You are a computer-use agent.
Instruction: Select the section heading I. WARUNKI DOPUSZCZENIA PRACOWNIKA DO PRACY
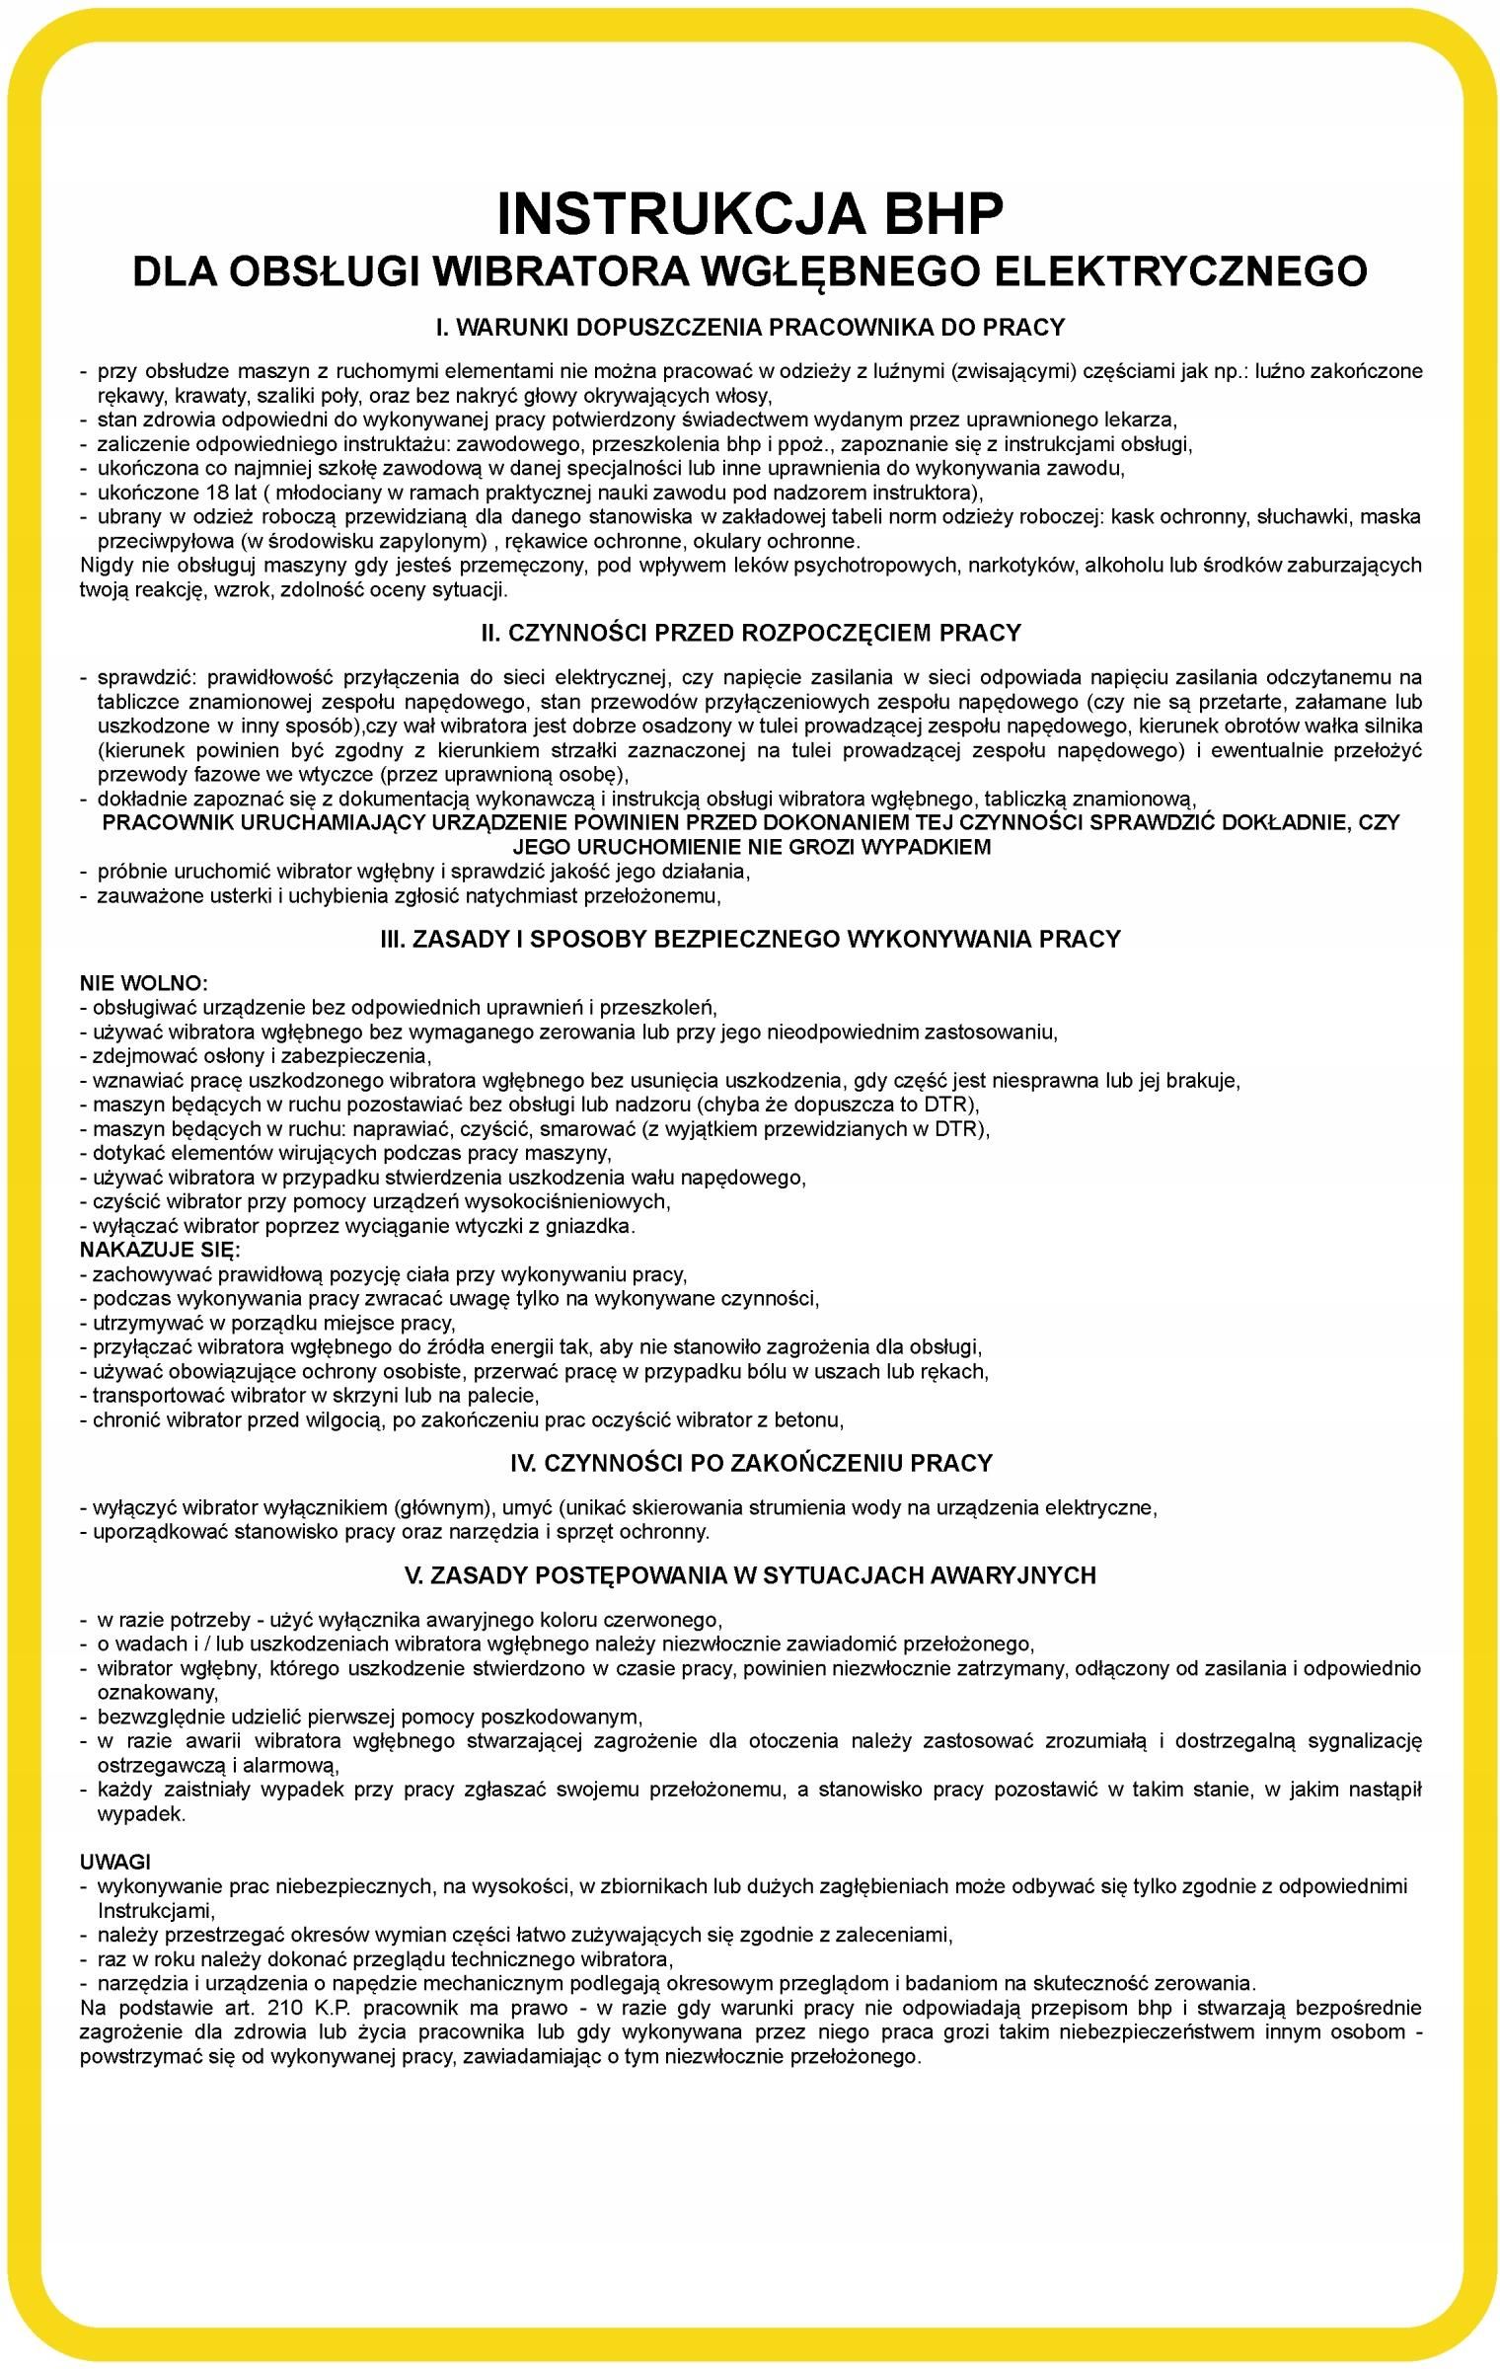[750, 327]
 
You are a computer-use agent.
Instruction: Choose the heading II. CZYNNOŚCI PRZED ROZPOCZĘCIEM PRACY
[750, 633]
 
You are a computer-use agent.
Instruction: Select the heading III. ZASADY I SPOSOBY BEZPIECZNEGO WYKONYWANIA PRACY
[750, 939]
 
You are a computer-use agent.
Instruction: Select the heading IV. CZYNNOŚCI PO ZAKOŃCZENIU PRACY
[750, 1463]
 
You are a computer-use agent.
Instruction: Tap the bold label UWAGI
[115, 1862]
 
